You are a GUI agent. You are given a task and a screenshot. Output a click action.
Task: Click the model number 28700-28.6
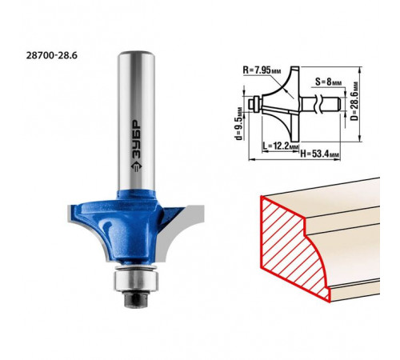pos(52,55)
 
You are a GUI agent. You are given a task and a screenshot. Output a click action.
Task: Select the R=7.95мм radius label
pos(262,70)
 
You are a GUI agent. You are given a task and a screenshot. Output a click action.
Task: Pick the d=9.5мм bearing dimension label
pos(239,123)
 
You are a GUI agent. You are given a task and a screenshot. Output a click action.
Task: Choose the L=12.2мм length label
pos(280,146)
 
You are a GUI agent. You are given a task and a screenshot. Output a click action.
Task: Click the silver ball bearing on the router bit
pos(136,280)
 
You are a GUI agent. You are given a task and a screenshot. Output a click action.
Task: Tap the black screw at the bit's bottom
pos(136,298)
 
